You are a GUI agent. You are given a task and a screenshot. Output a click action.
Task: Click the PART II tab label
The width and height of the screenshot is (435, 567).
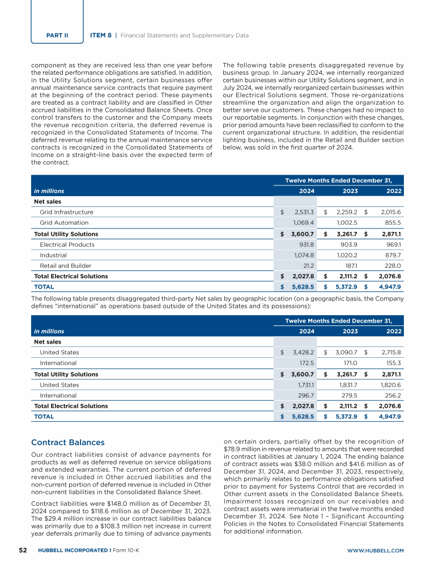click(x=57, y=35)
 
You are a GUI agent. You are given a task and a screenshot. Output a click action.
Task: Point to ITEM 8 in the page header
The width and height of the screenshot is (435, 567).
click(x=101, y=35)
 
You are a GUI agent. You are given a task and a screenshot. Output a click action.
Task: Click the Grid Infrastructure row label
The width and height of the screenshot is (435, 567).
click(x=66, y=212)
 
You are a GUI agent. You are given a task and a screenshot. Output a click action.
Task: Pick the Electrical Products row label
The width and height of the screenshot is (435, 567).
click(x=67, y=244)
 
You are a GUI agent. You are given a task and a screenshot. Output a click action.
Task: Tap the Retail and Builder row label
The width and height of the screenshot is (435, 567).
click(x=65, y=265)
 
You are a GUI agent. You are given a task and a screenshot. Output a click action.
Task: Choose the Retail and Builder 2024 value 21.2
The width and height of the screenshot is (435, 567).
click(x=307, y=265)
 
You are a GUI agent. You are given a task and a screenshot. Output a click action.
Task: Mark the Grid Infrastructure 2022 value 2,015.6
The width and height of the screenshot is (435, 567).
click(x=390, y=212)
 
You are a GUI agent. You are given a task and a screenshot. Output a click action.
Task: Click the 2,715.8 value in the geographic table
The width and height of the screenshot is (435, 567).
click(x=390, y=352)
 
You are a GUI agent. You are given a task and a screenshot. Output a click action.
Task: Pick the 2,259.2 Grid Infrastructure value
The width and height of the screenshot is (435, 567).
click(x=346, y=212)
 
